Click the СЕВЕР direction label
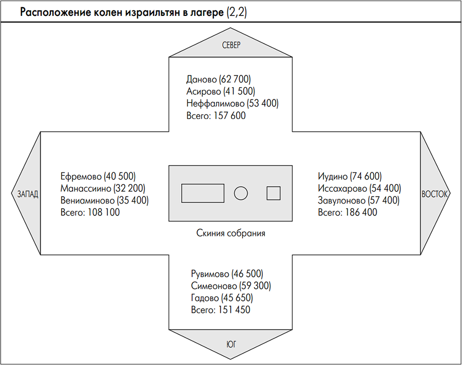[231, 45]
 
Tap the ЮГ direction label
[231, 344]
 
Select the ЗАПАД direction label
[28, 194]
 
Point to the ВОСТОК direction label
[435, 194]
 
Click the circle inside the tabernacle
[241, 193]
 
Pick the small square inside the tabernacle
[274, 193]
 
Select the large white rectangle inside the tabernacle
[203, 193]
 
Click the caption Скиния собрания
[230, 233]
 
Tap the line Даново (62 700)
[218, 79]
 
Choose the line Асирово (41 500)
[221, 91]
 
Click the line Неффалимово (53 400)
[232, 104]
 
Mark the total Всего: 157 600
[216, 115]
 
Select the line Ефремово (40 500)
[98, 176]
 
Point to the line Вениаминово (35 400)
[105, 200]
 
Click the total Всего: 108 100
[90, 212]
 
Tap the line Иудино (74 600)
[350, 176]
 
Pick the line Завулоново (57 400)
[359, 200]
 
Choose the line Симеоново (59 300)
[231, 286]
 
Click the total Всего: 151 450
[221, 310]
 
